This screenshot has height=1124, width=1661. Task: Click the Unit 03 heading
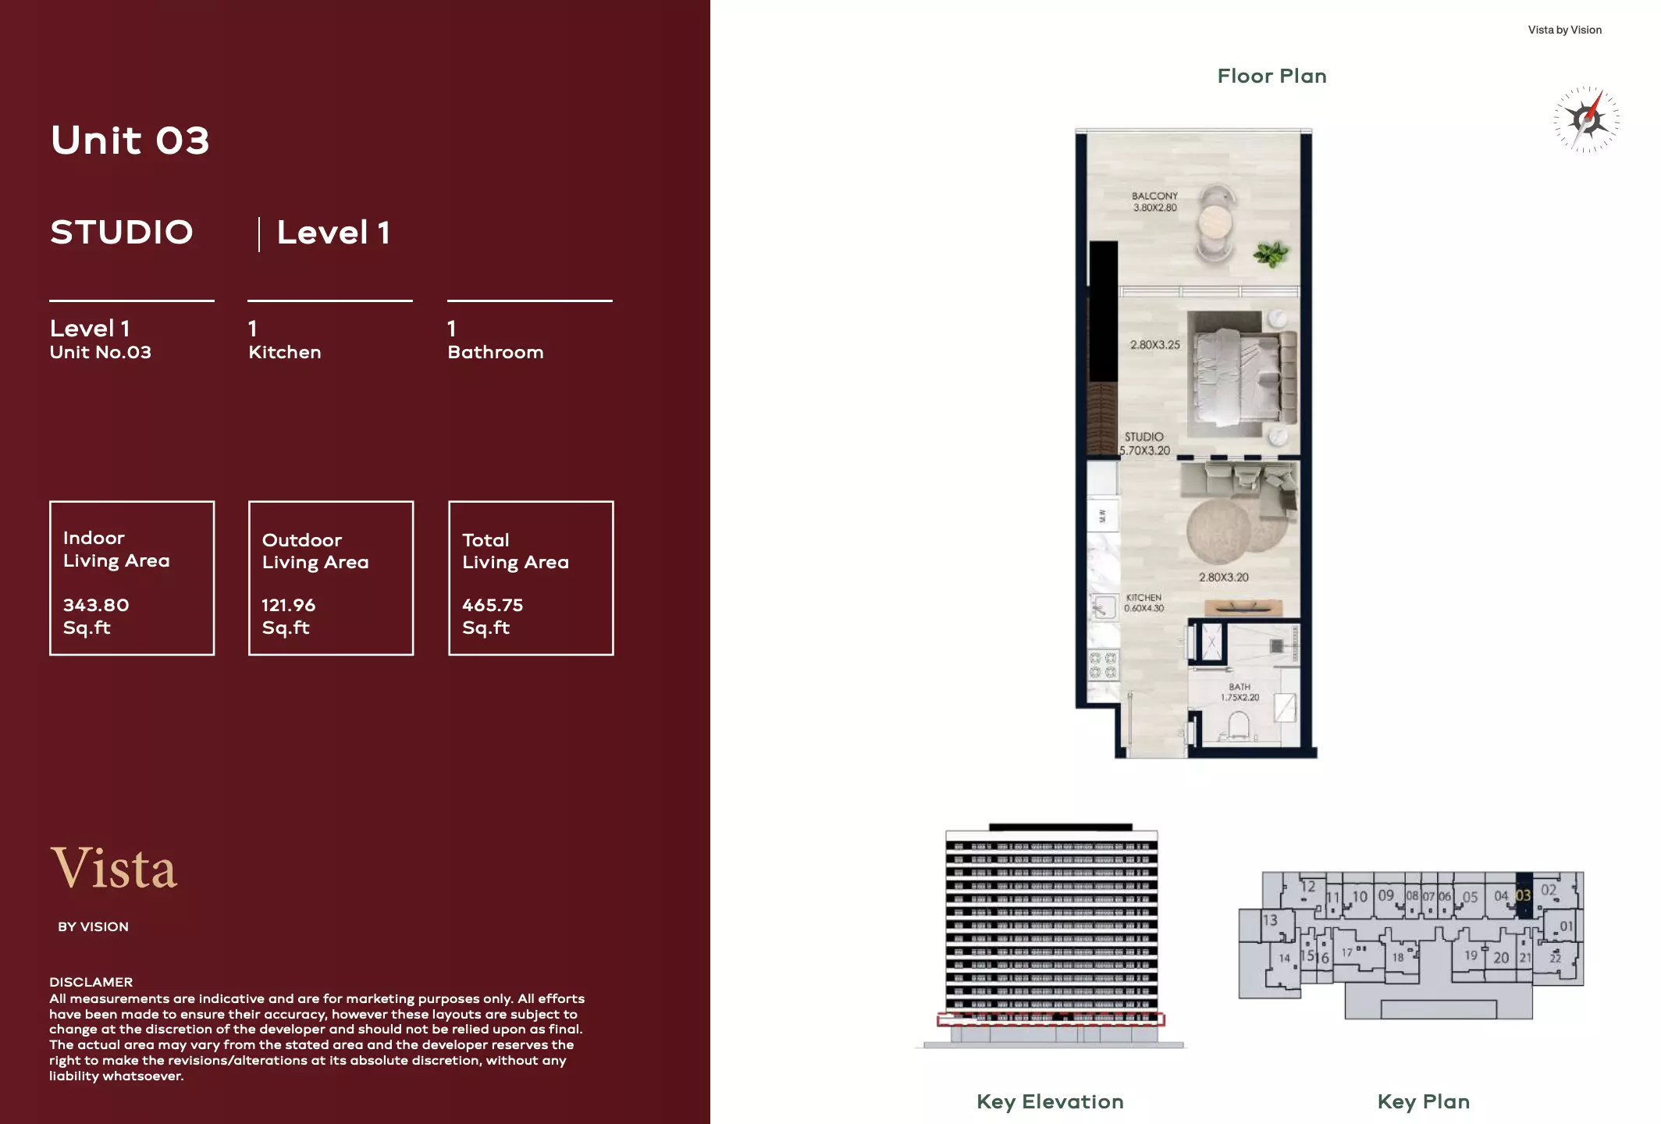(130, 140)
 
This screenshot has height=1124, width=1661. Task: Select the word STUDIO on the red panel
(122, 233)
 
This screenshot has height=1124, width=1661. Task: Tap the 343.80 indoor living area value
(96, 605)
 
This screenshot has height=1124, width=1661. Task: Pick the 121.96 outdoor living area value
(288, 605)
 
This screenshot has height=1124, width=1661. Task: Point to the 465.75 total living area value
(493, 605)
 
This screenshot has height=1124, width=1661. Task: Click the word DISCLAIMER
(91, 982)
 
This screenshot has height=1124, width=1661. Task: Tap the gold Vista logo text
(114, 868)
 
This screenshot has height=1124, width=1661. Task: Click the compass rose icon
(1586, 119)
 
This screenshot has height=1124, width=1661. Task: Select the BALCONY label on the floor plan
(1154, 197)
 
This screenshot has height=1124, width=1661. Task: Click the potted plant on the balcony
(1271, 253)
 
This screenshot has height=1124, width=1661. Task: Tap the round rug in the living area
(1220, 531)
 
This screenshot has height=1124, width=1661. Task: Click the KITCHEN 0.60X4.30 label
(1143, 603)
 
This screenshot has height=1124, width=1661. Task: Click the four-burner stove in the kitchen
(1103, 666)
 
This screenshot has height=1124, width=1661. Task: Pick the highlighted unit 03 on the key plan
(1524, 895)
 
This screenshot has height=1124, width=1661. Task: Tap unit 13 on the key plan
(1270, 920)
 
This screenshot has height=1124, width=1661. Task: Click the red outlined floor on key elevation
(1051, 1019)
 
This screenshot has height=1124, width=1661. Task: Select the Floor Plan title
(1272, 76)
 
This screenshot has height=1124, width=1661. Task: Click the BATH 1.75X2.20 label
(1240, 692)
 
